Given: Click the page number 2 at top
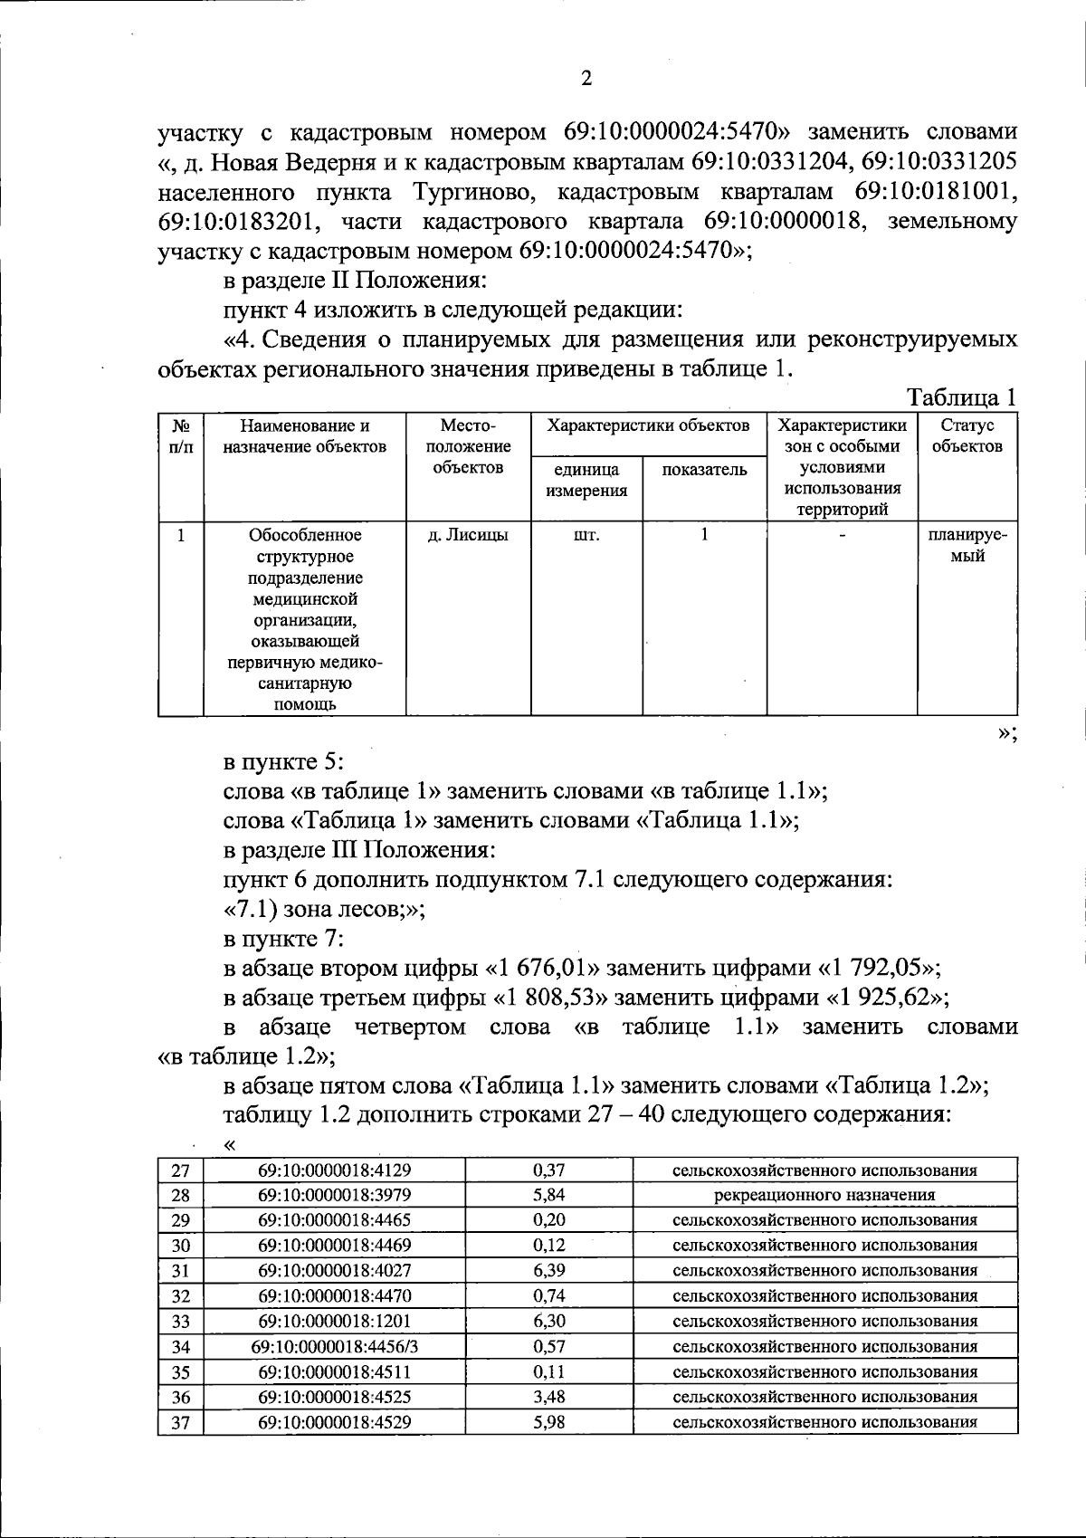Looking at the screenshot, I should click(x=586, y=79).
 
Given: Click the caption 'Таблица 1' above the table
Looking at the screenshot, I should click(x=962, y=397).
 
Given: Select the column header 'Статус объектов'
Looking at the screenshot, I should click(x=967, y=435).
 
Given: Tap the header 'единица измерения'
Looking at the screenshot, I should click(x=586, y=480).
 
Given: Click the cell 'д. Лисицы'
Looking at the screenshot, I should click(x=467, y=535).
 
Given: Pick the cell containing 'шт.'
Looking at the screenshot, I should click(x=586, y=535).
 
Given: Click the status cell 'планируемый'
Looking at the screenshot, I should click(x=967, y=545).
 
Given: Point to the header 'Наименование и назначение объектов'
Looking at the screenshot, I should click(x=304, y=435).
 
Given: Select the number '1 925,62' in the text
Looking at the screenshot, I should click(x=883, y=998).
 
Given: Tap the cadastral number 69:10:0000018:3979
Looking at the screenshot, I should click(x=335, y=1195).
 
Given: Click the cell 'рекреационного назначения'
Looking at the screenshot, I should click(x=824, y=1195).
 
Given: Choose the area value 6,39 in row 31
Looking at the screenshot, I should click(x=549, y=1271).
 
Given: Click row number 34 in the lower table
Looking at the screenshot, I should click(x=181, y=1346).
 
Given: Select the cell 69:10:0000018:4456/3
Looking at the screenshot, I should click(x=335, y=1346).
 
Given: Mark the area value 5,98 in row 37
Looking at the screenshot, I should click(x=549, y=1422).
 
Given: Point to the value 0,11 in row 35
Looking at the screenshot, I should click(x=549, y=1371).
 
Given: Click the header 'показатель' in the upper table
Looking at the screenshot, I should click(x=704, y=469).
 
